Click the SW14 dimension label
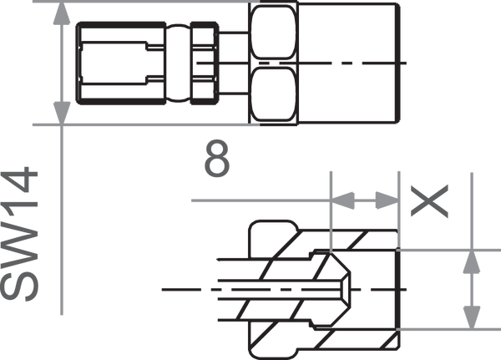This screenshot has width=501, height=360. (19, 234)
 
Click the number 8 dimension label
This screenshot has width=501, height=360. (217, 158)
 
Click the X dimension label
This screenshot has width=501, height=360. (429, 201)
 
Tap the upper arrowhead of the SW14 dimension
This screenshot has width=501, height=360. (62, 14)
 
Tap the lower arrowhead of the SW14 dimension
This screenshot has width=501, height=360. (62, 113)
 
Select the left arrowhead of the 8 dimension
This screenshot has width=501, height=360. (342, 200)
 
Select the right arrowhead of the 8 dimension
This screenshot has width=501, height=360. (387, 200)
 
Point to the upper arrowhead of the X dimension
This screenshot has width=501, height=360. (472, 262)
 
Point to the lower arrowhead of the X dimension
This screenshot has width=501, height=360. (472, 317)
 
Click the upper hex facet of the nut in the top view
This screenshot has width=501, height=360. (273, 32)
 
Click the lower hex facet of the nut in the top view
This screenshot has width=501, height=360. (273, 94)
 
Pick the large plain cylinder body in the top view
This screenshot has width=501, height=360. (349, 63)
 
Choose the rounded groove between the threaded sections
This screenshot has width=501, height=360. (179, 63)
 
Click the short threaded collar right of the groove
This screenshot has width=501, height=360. (205, 63)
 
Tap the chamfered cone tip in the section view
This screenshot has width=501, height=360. (340, 290)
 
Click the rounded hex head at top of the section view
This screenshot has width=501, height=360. (274, 238)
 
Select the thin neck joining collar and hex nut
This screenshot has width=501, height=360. (233, 63)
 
